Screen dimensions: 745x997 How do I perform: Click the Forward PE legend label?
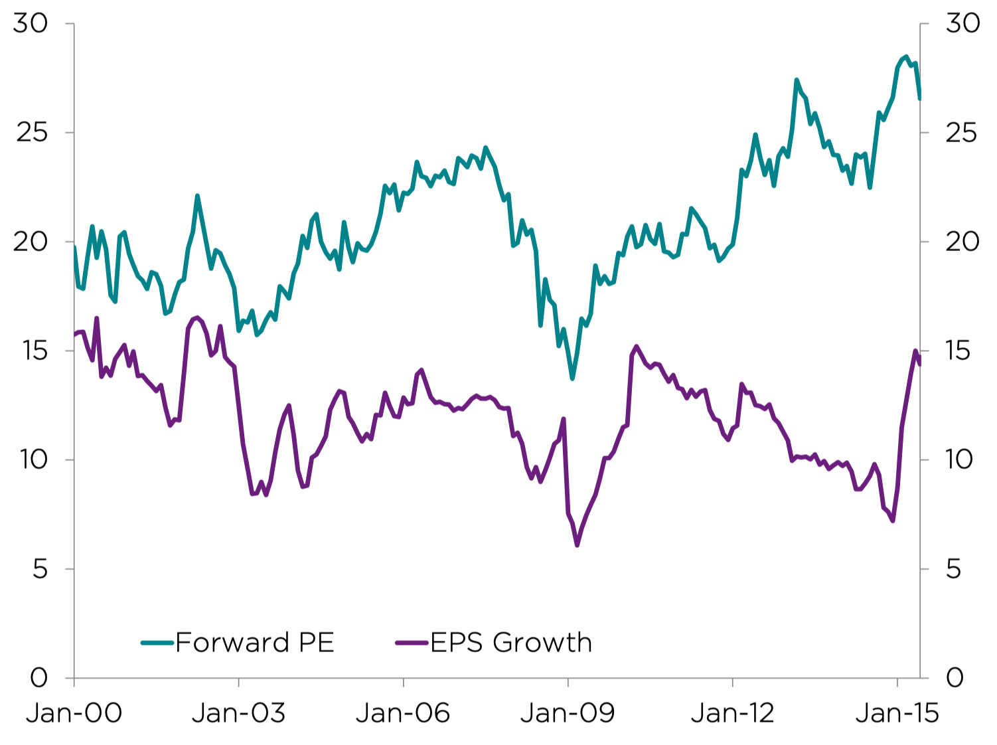(x=254, y=643)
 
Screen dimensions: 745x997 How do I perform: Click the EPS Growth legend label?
(x=510, y=643)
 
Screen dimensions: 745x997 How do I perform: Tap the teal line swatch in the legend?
(x=157, y=643)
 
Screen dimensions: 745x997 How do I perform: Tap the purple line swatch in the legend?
(x=412, y=643)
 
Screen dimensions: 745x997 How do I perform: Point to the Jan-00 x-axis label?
(x=74, y=713)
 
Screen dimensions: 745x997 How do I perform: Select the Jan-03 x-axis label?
(x=238, y=713)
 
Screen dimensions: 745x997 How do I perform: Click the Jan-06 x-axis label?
(x=403, y=713)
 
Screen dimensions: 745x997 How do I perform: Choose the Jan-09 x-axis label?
(x=568, y=713)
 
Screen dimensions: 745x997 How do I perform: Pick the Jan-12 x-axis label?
(x=732, y=713)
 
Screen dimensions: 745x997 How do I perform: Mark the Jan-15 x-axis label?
(x=897, y=713)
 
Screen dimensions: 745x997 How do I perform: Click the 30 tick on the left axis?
(x=31, y=23)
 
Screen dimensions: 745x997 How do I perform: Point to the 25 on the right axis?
(x=962, y=133)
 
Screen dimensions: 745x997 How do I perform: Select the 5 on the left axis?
(x=40, y=569)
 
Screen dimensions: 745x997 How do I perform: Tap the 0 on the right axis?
(x=955, y=678)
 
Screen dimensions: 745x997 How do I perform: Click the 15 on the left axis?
(x=31, y=351)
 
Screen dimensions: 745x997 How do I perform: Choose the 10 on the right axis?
(x=959, y=459)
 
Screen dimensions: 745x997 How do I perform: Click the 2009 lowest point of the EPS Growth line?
(x=577, y=545)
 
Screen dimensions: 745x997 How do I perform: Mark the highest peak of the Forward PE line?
(x=906, y=57)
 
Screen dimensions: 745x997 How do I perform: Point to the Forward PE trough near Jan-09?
(x=572, y=378)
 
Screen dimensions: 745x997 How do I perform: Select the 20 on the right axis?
(x=962, y=242)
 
